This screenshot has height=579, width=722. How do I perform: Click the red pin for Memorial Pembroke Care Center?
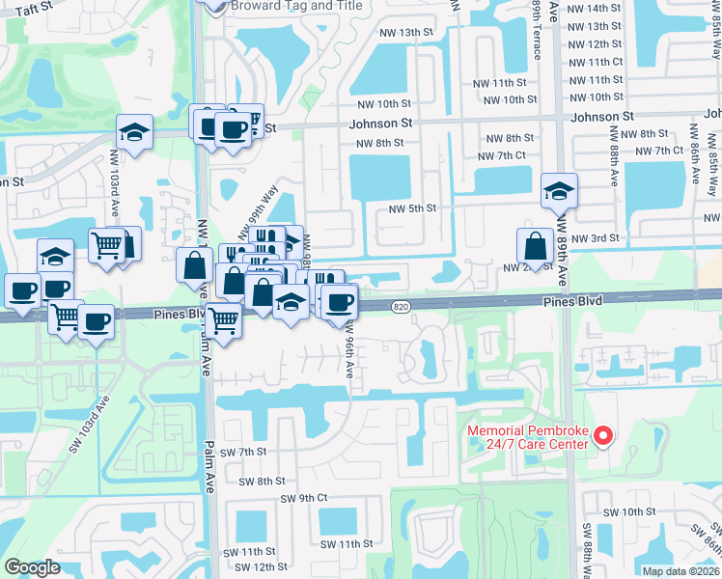point(603,437)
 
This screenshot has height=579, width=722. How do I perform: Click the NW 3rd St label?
point(594,237)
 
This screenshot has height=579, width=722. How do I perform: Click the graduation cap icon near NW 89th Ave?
point(559,191)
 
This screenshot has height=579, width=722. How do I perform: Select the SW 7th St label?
point(242,452)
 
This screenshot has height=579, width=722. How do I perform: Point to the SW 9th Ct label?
point(304,498)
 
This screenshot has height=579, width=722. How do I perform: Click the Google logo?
point(32,568)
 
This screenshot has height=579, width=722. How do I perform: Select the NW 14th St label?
point(596,9)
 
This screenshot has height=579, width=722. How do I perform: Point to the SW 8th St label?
point(264,481)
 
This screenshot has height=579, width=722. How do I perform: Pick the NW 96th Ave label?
point(349,346)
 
